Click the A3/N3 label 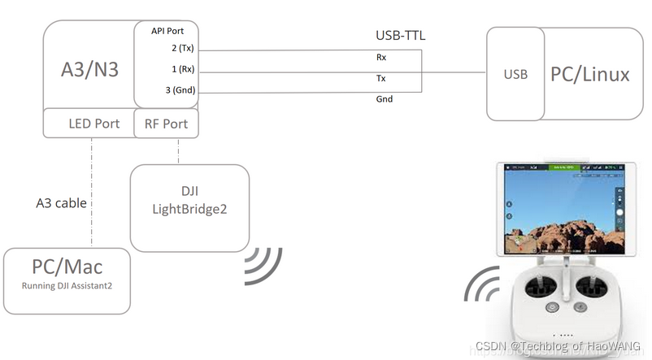click(x=89, y=70)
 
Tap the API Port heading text click(x=169, y=31)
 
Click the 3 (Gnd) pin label click(x=179, y=90)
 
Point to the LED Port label click(x=93, y=124)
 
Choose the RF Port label click(x=166, y=124)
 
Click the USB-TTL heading click(x=400, y=36)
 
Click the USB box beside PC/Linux click(x=515, y=75)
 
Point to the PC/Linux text click(x=590, y=75)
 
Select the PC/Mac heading click(x=67, y=266)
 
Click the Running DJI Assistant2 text click(x=67, y=285)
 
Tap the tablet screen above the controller click(x=563, y=208)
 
